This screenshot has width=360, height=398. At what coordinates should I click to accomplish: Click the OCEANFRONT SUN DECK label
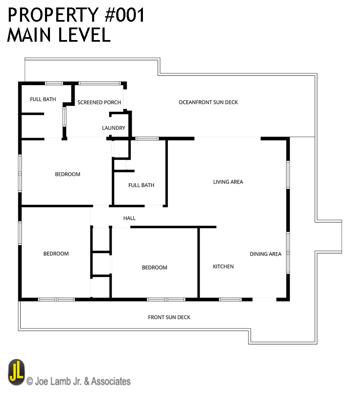(208, 102)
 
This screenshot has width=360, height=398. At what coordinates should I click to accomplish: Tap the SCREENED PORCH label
(99, 102)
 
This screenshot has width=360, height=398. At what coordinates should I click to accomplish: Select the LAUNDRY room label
(114, 128)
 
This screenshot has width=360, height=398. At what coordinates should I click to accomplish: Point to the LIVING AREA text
(228, 182)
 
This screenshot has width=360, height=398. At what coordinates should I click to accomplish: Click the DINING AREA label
(265, 254)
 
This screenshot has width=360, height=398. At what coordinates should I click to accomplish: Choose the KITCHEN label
(223, 267)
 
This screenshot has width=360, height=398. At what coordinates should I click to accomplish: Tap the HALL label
(129, 218)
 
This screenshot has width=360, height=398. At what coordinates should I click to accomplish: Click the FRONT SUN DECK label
(169, 317)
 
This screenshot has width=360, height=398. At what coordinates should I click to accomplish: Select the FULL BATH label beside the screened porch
(43, 99)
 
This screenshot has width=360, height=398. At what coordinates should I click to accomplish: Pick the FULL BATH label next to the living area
(141, 185)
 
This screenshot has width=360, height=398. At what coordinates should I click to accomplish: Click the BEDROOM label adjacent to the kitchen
(155, 267)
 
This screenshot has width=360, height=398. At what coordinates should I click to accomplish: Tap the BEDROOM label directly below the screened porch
(67, 174)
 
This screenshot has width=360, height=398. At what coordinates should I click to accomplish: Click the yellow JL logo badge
(17, 373)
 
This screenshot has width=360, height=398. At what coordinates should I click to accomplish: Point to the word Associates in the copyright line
(111, 381)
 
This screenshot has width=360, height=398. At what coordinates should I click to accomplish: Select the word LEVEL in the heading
(85, 35)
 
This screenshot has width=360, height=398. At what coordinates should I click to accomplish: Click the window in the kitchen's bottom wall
(230, 300)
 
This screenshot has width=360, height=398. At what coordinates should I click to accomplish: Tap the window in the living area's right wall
(288, 175)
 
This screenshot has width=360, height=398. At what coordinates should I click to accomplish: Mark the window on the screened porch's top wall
(100, 83)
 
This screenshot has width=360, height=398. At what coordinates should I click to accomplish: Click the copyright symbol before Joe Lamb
(30, 381)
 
